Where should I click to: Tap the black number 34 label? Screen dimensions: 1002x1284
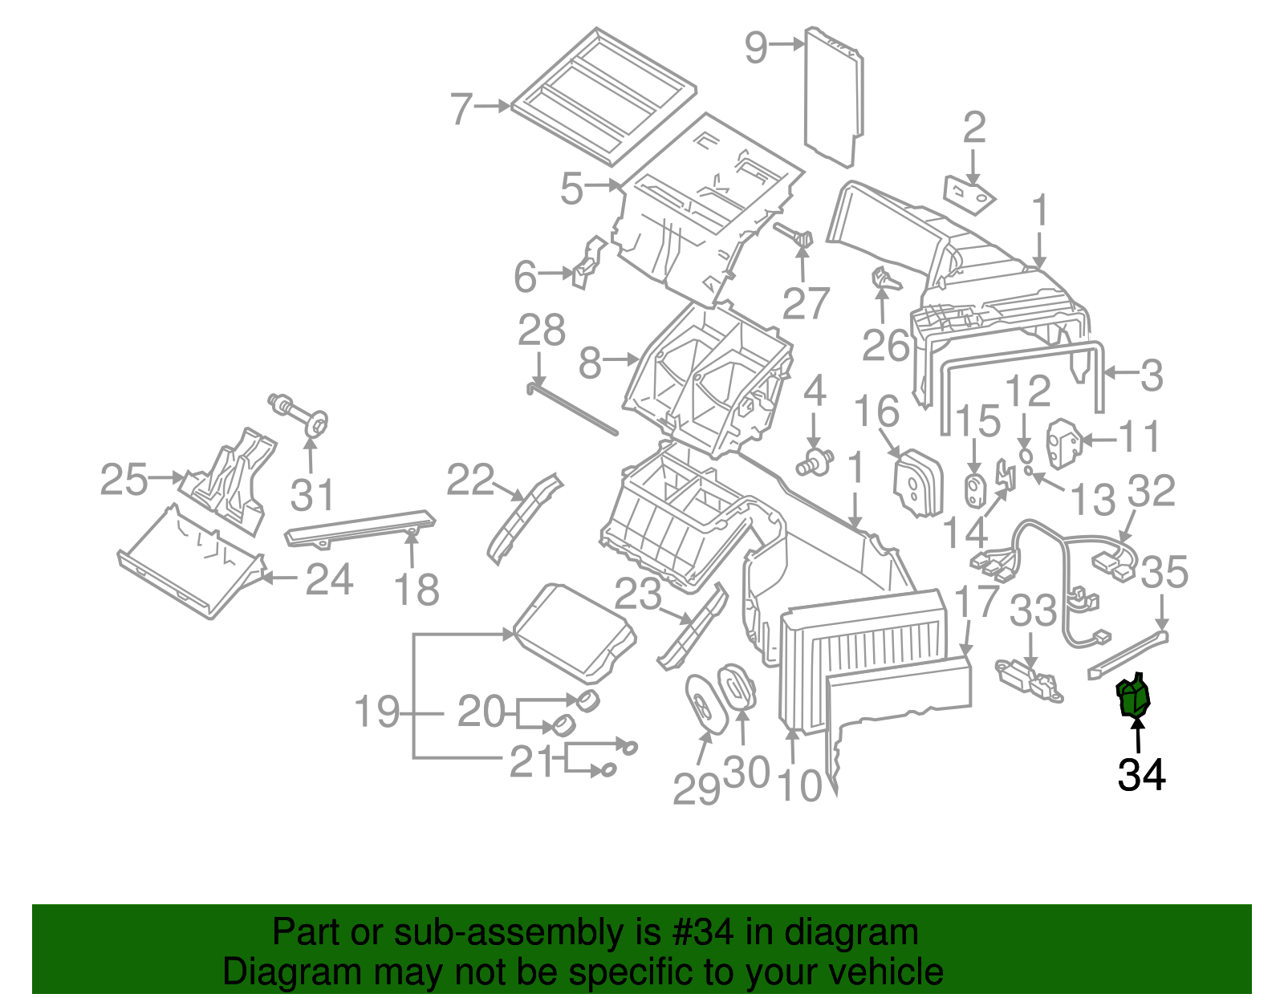click(1141, 775)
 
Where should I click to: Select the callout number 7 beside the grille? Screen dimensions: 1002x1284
click(461, 108)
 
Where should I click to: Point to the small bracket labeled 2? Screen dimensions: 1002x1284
click(969, 194)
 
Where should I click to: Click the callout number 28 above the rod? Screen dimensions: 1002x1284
click(542, 331)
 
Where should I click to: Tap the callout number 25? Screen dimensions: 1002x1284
click(124, 480)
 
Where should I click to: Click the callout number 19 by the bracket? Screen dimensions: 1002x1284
click(376, 712)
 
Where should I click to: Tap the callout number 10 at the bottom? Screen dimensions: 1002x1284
click(799, 786)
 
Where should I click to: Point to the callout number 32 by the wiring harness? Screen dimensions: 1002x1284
click(1152, 491)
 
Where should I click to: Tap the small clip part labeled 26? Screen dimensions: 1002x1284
click(884, 280)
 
